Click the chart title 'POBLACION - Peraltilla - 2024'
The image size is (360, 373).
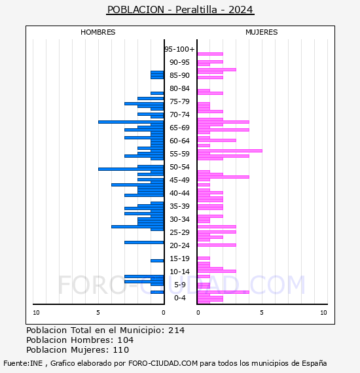(x=180, y=10)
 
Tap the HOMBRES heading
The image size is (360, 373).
(x=98, y=32)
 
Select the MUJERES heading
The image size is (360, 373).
(x=262, y=32)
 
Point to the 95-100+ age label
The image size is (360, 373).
(x=179, y=49)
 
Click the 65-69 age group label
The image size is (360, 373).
(x=179, y=128)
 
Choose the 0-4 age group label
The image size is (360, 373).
(x=180, y=298)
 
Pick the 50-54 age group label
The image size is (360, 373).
(x=179, y=167)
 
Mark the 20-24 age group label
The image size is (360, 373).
(x=179, y=245)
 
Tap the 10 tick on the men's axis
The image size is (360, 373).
(x=36, y=313)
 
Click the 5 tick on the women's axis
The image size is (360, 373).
(x=262, y=313)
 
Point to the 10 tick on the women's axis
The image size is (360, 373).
(x=323, y=313)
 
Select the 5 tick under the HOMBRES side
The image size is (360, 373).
(x=98, y=313)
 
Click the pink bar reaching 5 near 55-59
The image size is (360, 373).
(x=230, y=151)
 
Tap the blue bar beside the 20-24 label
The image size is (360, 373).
(x=144, y=242)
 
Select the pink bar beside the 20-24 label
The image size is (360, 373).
(x=217, y=245)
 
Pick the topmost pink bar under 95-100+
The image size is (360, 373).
(x=210, y=54)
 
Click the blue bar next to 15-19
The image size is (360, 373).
(x=157, y=260)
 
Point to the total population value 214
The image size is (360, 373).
(x=176, y=330)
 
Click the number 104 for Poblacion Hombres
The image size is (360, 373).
(x=126, y=340)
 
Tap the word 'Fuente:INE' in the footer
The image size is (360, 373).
(x=23, y=363)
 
